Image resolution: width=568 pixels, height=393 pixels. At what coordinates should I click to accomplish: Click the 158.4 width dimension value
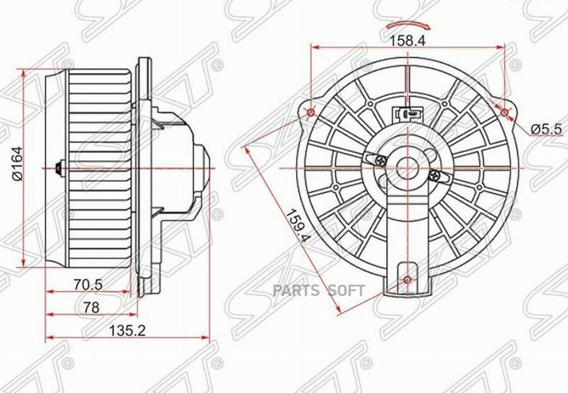pos(408,40)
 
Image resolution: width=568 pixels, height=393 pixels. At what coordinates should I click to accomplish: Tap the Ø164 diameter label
pos(18,163)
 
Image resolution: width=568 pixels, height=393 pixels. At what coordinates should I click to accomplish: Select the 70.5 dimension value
pos(88,285)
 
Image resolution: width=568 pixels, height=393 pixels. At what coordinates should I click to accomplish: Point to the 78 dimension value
pos(90,308)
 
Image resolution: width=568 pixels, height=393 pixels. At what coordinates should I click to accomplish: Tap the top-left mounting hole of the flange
pos(311,114)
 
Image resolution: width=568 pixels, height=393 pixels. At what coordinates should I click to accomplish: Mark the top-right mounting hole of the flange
pos(505,114)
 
